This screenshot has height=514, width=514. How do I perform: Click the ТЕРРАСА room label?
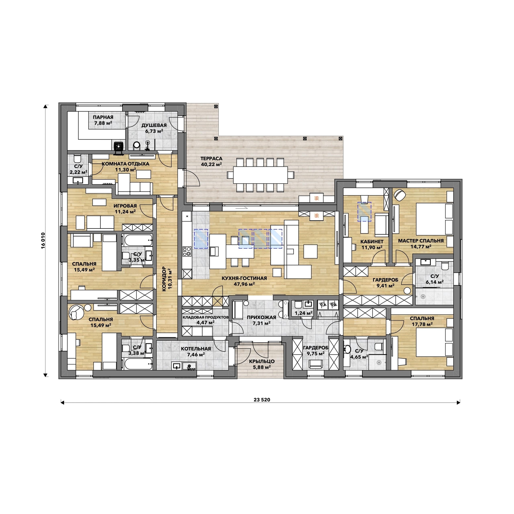pos(211,159)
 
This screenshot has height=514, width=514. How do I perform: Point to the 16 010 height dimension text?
pos(43,241)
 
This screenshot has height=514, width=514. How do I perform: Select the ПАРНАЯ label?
pos(103,117)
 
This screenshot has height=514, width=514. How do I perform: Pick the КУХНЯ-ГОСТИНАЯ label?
pos(244,278)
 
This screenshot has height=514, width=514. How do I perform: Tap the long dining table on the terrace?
pos(260,175)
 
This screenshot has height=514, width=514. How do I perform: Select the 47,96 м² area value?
pos(244,284)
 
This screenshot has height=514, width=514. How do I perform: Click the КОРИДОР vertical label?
pos(164,279)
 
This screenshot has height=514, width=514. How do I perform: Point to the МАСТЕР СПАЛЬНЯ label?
pos(421,241)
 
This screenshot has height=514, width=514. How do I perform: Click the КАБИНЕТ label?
pos(372,242)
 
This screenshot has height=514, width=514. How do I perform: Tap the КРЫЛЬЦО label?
pos(262,361)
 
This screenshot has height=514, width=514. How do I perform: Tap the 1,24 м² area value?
pos(304,313)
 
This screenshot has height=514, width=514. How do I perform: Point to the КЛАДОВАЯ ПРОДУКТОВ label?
pos(205,317)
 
